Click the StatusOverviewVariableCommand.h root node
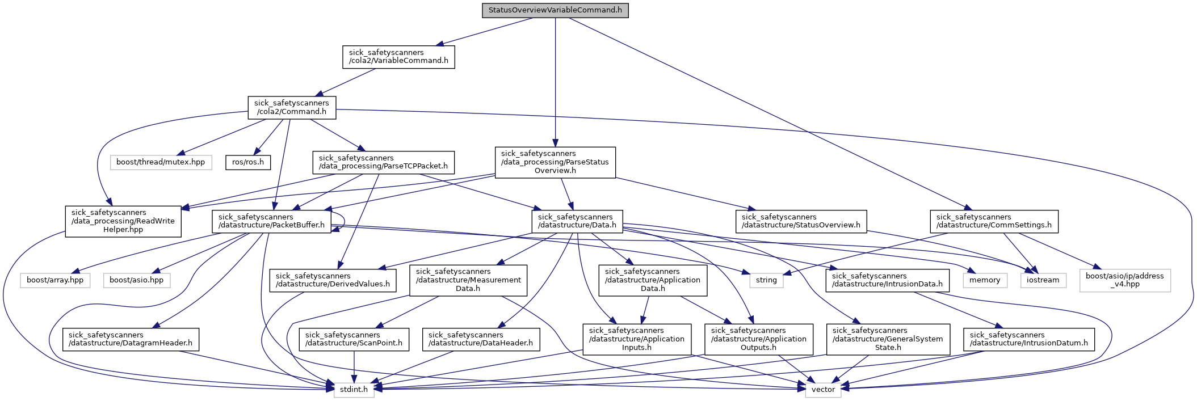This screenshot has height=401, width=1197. click(x=555, y=10)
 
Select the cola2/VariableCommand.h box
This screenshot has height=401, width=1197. click(x=398, y=57)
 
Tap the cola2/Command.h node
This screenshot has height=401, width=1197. click(x=292, y=107)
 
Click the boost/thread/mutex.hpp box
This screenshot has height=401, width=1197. click(x=161, y=162)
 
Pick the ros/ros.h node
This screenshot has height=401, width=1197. click(x=248, y=162)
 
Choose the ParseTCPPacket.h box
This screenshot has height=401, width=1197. click(x=383, y=162)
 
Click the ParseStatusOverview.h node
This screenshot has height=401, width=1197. click(x=555, y=162)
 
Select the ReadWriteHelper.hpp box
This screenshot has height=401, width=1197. click(x=123, y=221)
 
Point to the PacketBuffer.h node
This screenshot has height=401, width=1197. click(x=271, y=221)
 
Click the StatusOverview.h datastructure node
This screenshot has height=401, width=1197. click(x=801, y=221)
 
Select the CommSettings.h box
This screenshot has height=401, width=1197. click(x=994, y=221)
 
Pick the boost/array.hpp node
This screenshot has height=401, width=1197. click(x=55, y=280)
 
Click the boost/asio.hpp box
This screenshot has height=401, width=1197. click(x=136, y=280)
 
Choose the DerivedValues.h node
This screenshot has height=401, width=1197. click(x=333, y=280)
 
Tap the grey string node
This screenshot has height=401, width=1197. click(x=766, y=280)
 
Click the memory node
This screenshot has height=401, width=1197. click(x=985, y=280)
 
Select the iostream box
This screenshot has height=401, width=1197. click(x=1043, y=280)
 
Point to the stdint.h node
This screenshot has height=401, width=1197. click(x=354, y=390)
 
